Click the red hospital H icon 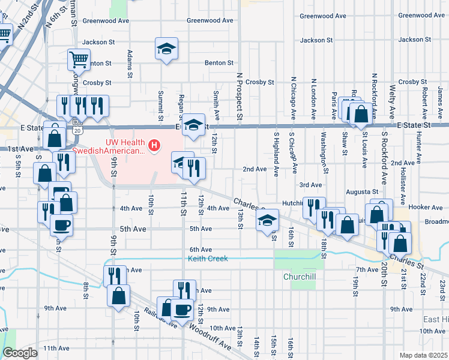(155, 145)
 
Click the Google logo (20, 353)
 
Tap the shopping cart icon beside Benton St (78, 60)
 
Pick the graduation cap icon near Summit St (167, 49)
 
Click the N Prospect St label (239, 95)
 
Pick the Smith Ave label (215, 101)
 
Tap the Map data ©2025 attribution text (424, 355)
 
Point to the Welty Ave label (391, 101)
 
